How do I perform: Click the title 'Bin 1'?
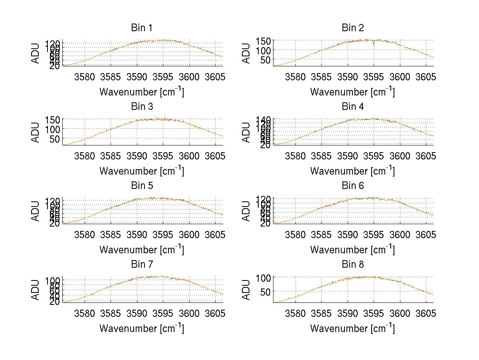[x=141, y=28]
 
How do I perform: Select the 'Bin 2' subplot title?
[x=352, y=28]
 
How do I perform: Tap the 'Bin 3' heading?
[x=141, y=107]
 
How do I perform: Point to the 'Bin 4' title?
[x=352, y=107]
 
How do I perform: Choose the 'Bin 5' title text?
[x=141, y=186]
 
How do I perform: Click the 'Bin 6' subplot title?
[x=352, y=186]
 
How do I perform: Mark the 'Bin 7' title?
[x=141, y=265]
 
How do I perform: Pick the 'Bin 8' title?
[x=352, y=265]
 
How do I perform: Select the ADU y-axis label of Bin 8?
[x=247, y=290]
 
